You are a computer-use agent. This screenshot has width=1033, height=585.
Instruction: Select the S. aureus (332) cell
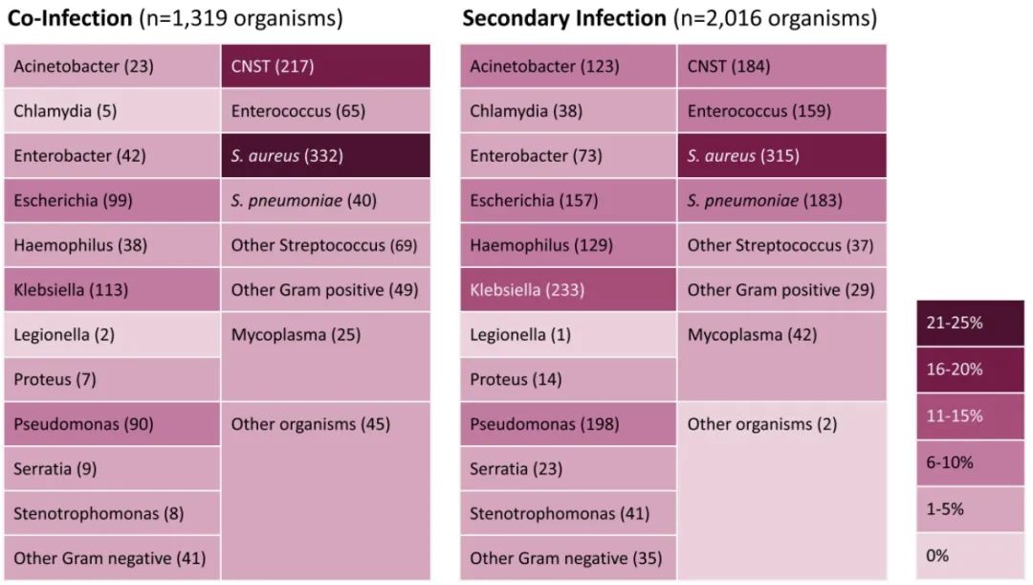pos(325,156)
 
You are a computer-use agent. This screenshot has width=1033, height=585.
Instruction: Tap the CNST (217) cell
pos(325,66)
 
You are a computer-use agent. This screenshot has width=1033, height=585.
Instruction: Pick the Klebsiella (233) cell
pos(568,290)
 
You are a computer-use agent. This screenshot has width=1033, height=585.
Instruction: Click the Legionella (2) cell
pos(112,335)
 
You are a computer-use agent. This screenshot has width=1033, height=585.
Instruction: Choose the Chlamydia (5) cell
pos(112,111)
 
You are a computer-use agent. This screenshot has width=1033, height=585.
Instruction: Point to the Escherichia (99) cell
pos(112,200)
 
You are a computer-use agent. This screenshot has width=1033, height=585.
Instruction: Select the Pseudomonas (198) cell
pos(568,424)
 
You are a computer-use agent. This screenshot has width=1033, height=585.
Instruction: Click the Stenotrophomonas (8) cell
pos(112,514)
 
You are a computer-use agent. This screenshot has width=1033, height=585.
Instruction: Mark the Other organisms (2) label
pos(761,424)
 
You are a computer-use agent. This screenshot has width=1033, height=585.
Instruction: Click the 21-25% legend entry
pos(970,323)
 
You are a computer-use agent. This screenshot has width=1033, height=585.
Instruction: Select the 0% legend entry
pos(970,555)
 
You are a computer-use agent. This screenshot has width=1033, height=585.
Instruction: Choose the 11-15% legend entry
pos(970,416)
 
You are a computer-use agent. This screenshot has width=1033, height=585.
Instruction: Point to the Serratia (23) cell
pos(568,469)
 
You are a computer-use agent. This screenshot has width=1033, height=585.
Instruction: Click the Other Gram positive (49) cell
pos(325,290)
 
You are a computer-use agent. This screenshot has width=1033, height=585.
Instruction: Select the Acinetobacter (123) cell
pos(568,66)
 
